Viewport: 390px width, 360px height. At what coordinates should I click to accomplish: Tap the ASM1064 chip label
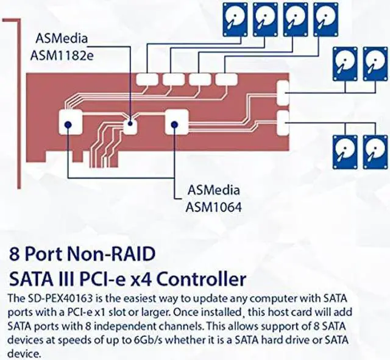(x=213, y=206)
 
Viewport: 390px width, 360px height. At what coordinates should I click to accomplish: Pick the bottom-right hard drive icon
(x=375, y=152)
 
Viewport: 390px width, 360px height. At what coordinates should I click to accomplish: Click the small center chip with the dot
(x=130, y=125)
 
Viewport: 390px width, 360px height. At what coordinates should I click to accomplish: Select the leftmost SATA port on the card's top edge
(x=146, y=79)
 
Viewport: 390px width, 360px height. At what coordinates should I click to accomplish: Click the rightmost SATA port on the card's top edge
(x=226, y=79)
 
